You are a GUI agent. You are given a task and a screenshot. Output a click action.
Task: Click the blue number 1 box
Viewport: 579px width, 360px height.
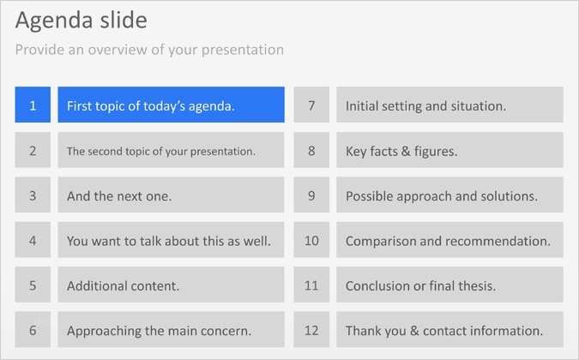(x=33, y=105)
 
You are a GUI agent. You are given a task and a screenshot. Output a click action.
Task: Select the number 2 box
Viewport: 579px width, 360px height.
(x=33, y=151)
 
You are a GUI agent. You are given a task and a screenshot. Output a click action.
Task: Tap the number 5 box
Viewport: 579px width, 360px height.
(x=33, y=285)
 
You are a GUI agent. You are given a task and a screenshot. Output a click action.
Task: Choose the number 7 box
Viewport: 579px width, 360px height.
(x=311, y=105)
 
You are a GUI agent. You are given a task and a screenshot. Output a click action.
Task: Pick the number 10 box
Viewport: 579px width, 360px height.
(x=311, y=241)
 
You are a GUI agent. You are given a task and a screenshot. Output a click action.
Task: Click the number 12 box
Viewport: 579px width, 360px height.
(x=311, y=330)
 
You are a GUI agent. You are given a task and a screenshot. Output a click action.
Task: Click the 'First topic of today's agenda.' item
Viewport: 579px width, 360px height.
(x=171, y=105)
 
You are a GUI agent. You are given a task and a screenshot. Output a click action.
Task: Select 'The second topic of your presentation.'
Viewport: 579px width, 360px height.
(x=171, y=151)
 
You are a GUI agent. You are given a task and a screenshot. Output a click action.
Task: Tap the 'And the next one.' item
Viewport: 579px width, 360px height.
(x=171, y=195)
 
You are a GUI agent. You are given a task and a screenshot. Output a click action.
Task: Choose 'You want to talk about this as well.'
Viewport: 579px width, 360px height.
(x=171, y=241)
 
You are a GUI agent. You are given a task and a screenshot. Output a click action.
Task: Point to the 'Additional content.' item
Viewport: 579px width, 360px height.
(x=171, y=285)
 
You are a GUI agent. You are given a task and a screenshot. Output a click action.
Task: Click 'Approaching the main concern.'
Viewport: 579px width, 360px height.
(x=171, y=330)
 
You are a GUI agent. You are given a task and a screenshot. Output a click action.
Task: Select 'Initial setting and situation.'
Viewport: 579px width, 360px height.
(x=449, y=105)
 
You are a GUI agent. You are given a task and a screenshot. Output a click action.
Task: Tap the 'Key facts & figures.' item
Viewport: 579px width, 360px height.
(x=449, y=151)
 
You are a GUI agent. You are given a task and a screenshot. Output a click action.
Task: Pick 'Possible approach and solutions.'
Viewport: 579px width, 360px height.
(x=449, y=195)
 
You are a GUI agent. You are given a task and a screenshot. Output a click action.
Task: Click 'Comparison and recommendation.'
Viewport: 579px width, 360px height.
(x=449, y=241)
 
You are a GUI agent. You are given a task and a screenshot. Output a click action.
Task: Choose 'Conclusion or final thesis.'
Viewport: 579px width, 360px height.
(x=449, y=285)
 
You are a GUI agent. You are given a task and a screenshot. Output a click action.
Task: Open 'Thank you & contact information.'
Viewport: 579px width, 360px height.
(x=449, y=330)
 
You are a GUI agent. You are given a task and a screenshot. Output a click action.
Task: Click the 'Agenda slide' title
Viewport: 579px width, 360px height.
(x=81, y=20)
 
